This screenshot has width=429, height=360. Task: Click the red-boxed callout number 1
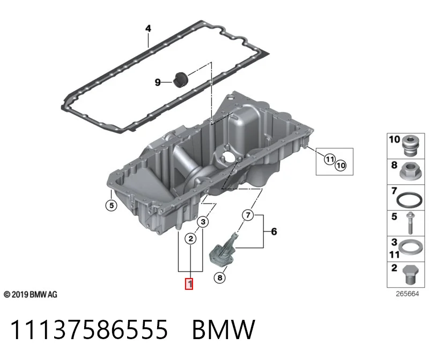tap(189, 284)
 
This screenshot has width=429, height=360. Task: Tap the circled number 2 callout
tap(191, 238)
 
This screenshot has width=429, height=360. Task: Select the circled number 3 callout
tap(203, 222)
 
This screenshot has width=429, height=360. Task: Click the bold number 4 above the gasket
tap(148, 28)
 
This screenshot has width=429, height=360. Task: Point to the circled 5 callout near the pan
tap(112, 205)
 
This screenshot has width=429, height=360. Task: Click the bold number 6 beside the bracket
tap(274, 231)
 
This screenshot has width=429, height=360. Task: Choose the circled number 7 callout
tap(248, 215)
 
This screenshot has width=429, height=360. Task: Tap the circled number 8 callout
tap(220, 277)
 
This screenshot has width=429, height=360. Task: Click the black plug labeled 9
tap(180, 80)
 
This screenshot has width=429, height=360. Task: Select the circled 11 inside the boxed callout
tap(330, 159)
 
